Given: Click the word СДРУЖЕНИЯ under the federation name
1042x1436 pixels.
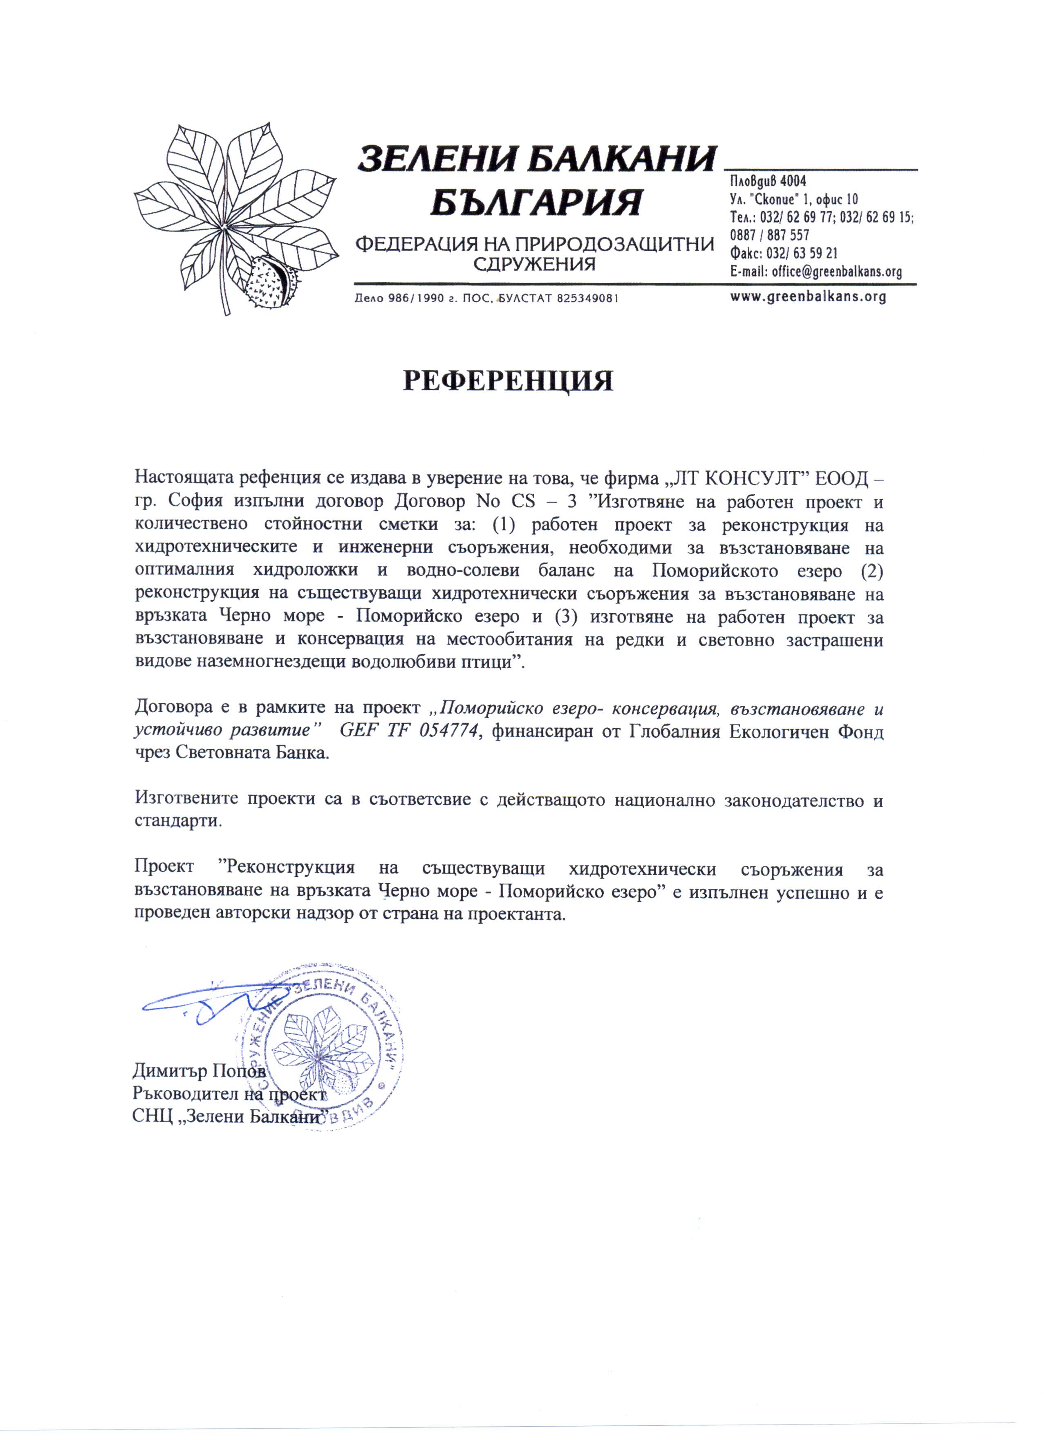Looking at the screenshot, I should point(535,264).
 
